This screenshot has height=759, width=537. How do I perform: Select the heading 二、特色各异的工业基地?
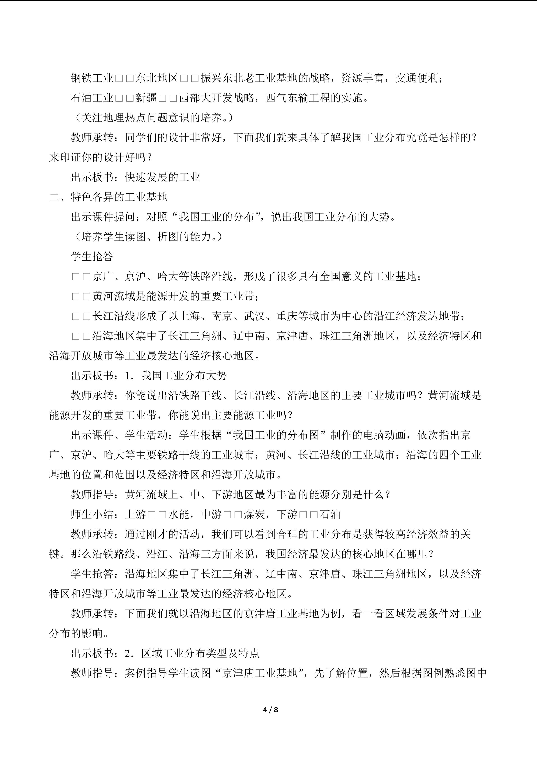[108, 197]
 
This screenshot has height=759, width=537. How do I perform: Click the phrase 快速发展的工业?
[163, 177]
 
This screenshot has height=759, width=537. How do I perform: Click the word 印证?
[70, 157]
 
